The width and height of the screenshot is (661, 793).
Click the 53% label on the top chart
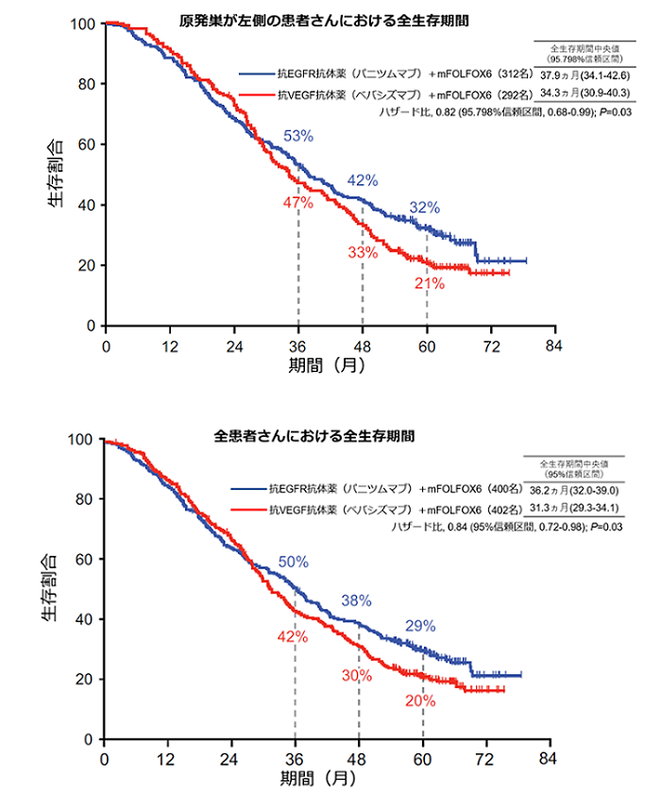[x=298, y=137]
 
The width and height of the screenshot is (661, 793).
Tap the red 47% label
[x=298, y=203]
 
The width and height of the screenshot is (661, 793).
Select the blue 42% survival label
[x=363, y=180]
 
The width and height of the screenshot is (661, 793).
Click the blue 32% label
[x=425, y=208]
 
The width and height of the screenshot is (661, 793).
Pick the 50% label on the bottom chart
[x=293, y=562]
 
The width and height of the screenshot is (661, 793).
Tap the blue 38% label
[x=356, y=600]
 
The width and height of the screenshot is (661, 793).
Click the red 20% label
[x=420, y=701]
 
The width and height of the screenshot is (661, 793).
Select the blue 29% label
[x=420, y=625]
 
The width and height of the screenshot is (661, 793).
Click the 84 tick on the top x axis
[x=554, y=346]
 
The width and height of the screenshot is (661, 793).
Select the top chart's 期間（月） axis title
[x=327, y=363]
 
